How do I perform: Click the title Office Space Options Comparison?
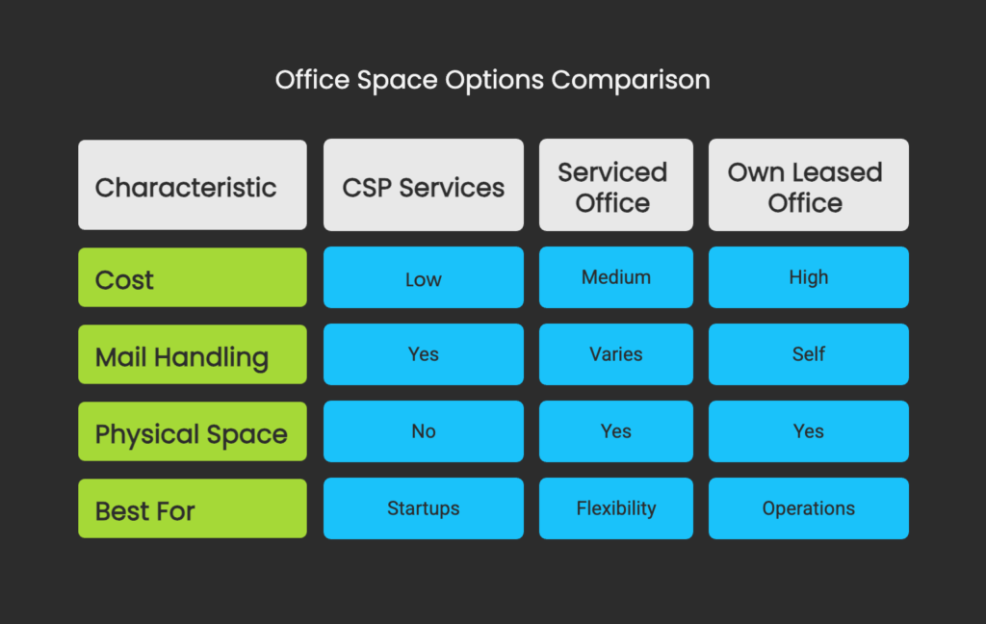click(x=492, y=80)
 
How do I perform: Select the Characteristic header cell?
click(x=193, y=185)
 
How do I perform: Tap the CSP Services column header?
click(x=424, y=185)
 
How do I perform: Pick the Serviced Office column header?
click(x=615, y=185)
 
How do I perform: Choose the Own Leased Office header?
click(x=808, y=185)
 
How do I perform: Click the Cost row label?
click(x=193, y=277)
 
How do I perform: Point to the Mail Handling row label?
click(x=193, y=354)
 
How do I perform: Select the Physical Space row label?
click(x=193, y=431)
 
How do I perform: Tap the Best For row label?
click(x=193, y=508)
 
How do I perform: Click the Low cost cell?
click(x=424, y=277)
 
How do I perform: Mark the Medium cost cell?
click(x=615, y=277)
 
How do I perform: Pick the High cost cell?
click(x=808, y=277)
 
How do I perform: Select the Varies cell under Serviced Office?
click(x=615, y=354)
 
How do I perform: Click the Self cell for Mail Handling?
click(x=808, y=354)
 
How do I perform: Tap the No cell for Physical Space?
click(x=424, y=431)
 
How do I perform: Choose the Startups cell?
click(x=424, y=508)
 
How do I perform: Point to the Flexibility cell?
click(x=615, y=508)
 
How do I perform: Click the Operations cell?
click(x=808, y=508)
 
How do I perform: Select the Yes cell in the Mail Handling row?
click(x=424, y=354)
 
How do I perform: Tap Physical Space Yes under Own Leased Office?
click(x=808, y=431)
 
